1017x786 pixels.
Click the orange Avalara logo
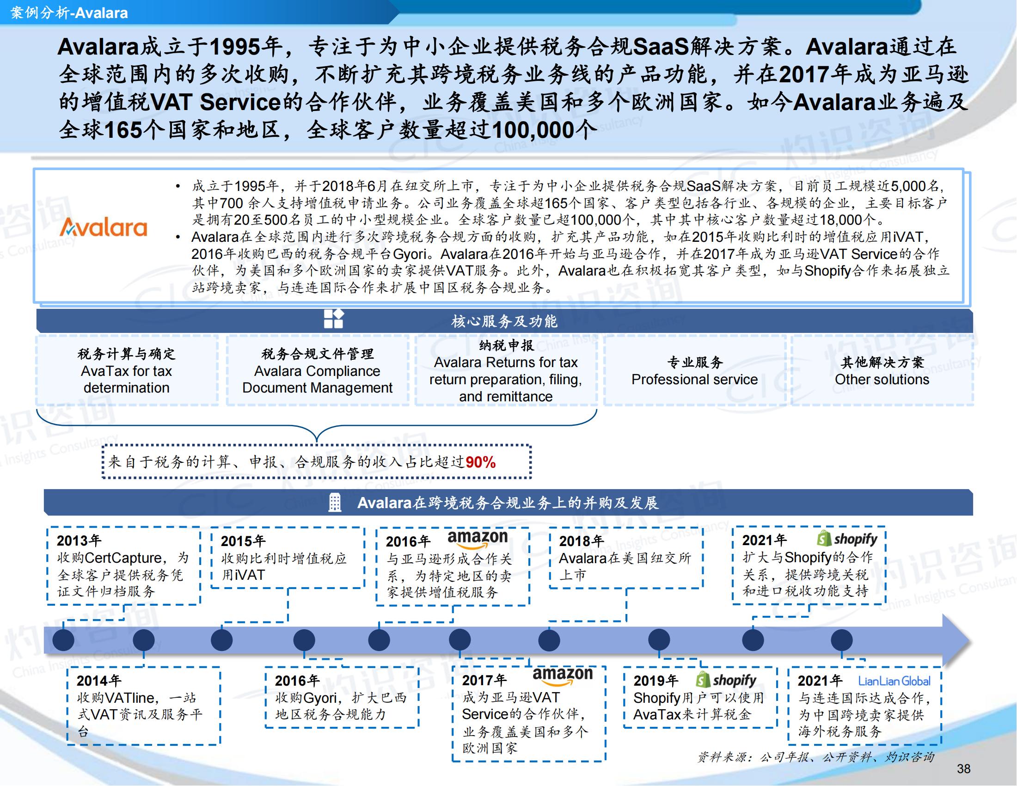pos(104,227)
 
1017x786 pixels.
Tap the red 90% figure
pos(481,462)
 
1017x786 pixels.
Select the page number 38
pos(963,769)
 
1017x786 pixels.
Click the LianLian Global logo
pos(894,681)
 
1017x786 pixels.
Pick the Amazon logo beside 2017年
pos(563,675)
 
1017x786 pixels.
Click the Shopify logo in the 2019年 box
pos(726,680)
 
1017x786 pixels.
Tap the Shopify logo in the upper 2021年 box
pos(847,539)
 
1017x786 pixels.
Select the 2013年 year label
pos(79,540)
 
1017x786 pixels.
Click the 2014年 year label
pos(99,681)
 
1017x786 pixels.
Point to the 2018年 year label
pos(581,541)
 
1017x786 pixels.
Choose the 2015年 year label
pos(243,541)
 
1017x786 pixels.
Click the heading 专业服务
pos(695,362)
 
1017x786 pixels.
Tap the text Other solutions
pos(882,380)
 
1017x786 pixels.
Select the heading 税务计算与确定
pos(126,354)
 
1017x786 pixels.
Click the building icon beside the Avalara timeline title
pos(334,503)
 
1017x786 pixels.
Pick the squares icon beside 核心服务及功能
pos(334,319)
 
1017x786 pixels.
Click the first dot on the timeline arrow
pos(63,640)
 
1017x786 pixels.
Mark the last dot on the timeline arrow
pos(842,640)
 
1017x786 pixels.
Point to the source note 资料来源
pos(816,757)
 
